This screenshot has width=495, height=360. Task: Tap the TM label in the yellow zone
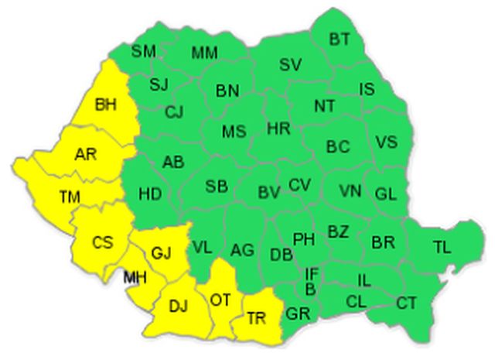tap(70, 197)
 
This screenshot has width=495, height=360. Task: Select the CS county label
tap(102, 242)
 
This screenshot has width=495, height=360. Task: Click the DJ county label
tap(179, 304)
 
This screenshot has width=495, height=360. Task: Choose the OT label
tap(220, 299)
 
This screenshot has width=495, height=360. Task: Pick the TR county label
tap(257, 317)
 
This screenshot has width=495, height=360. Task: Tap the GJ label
tap(159, 251)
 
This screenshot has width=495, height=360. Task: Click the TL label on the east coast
tap(441, 248)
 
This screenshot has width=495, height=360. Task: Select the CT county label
tap(407, 303)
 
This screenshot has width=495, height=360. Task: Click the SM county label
tap(142, 52)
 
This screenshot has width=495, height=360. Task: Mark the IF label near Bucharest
tap(311, 273)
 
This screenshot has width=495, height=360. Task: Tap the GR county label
tap(297, 314)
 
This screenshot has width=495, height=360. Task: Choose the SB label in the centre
tap(217, 187)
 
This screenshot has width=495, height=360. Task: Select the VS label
tap(386, 142)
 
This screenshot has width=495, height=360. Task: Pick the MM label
tap(204, 52)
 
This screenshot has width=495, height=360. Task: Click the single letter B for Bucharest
tap(310, 290)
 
